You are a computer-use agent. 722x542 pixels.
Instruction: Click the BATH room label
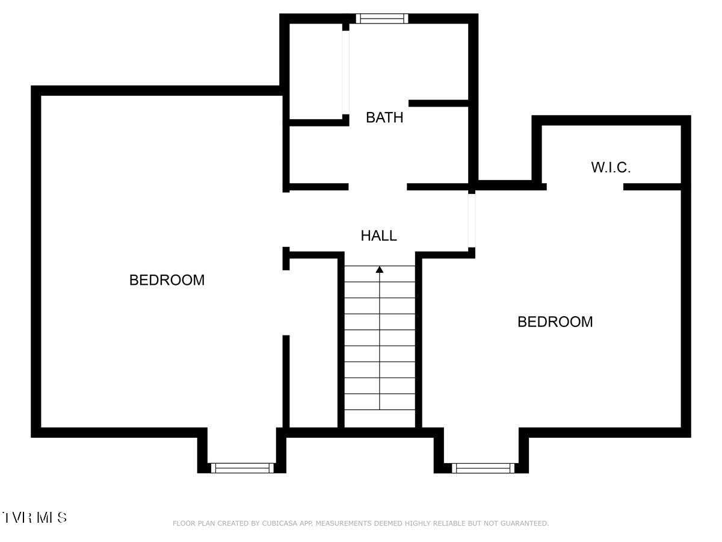click(x=384, y=117)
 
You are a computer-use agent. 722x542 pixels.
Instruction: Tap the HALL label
click(x=378, y=235)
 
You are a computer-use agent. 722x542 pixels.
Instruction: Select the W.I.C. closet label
click(x=611, y=167)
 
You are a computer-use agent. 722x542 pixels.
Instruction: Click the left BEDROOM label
click(x=167, y=280)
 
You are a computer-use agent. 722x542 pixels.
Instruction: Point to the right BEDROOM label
click(x=555, y=322)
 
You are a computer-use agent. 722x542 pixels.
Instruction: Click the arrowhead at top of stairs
click(x=380, y=269)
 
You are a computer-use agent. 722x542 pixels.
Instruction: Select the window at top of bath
click(x=381, y=19)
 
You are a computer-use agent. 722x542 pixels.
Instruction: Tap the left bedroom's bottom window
click(x=242, y=468)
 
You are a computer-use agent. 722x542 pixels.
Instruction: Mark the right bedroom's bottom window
click(x=483, y=468)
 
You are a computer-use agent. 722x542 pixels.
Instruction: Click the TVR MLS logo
click(x=34, y=517)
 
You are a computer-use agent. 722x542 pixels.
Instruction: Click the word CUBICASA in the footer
click(x=282, y=523)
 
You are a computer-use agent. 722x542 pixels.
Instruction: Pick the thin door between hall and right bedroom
click(x=472, y=220)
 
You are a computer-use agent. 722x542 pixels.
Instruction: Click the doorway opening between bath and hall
click(x=378, y=187)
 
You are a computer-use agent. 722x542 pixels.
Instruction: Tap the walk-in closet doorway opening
click(x=584, y=187)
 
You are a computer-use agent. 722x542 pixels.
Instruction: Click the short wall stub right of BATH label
click(x=438, y=104)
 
